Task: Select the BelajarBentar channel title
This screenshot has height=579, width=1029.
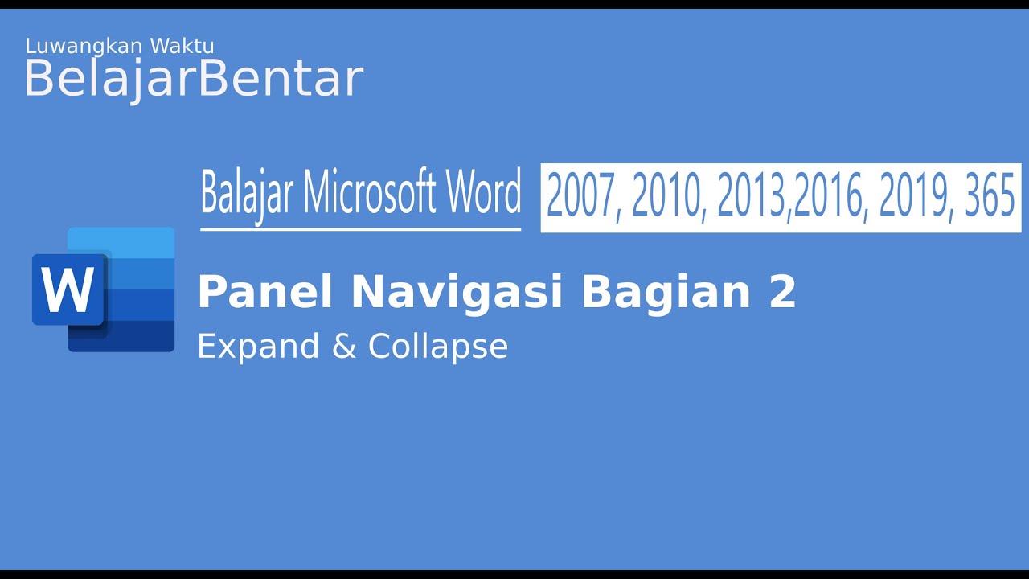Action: pos(193,79)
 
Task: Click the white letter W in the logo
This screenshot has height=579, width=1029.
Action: pos(68,290)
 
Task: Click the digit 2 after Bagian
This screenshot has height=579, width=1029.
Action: pos(782,291)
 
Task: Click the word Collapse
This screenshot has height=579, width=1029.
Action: pos(438,347)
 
